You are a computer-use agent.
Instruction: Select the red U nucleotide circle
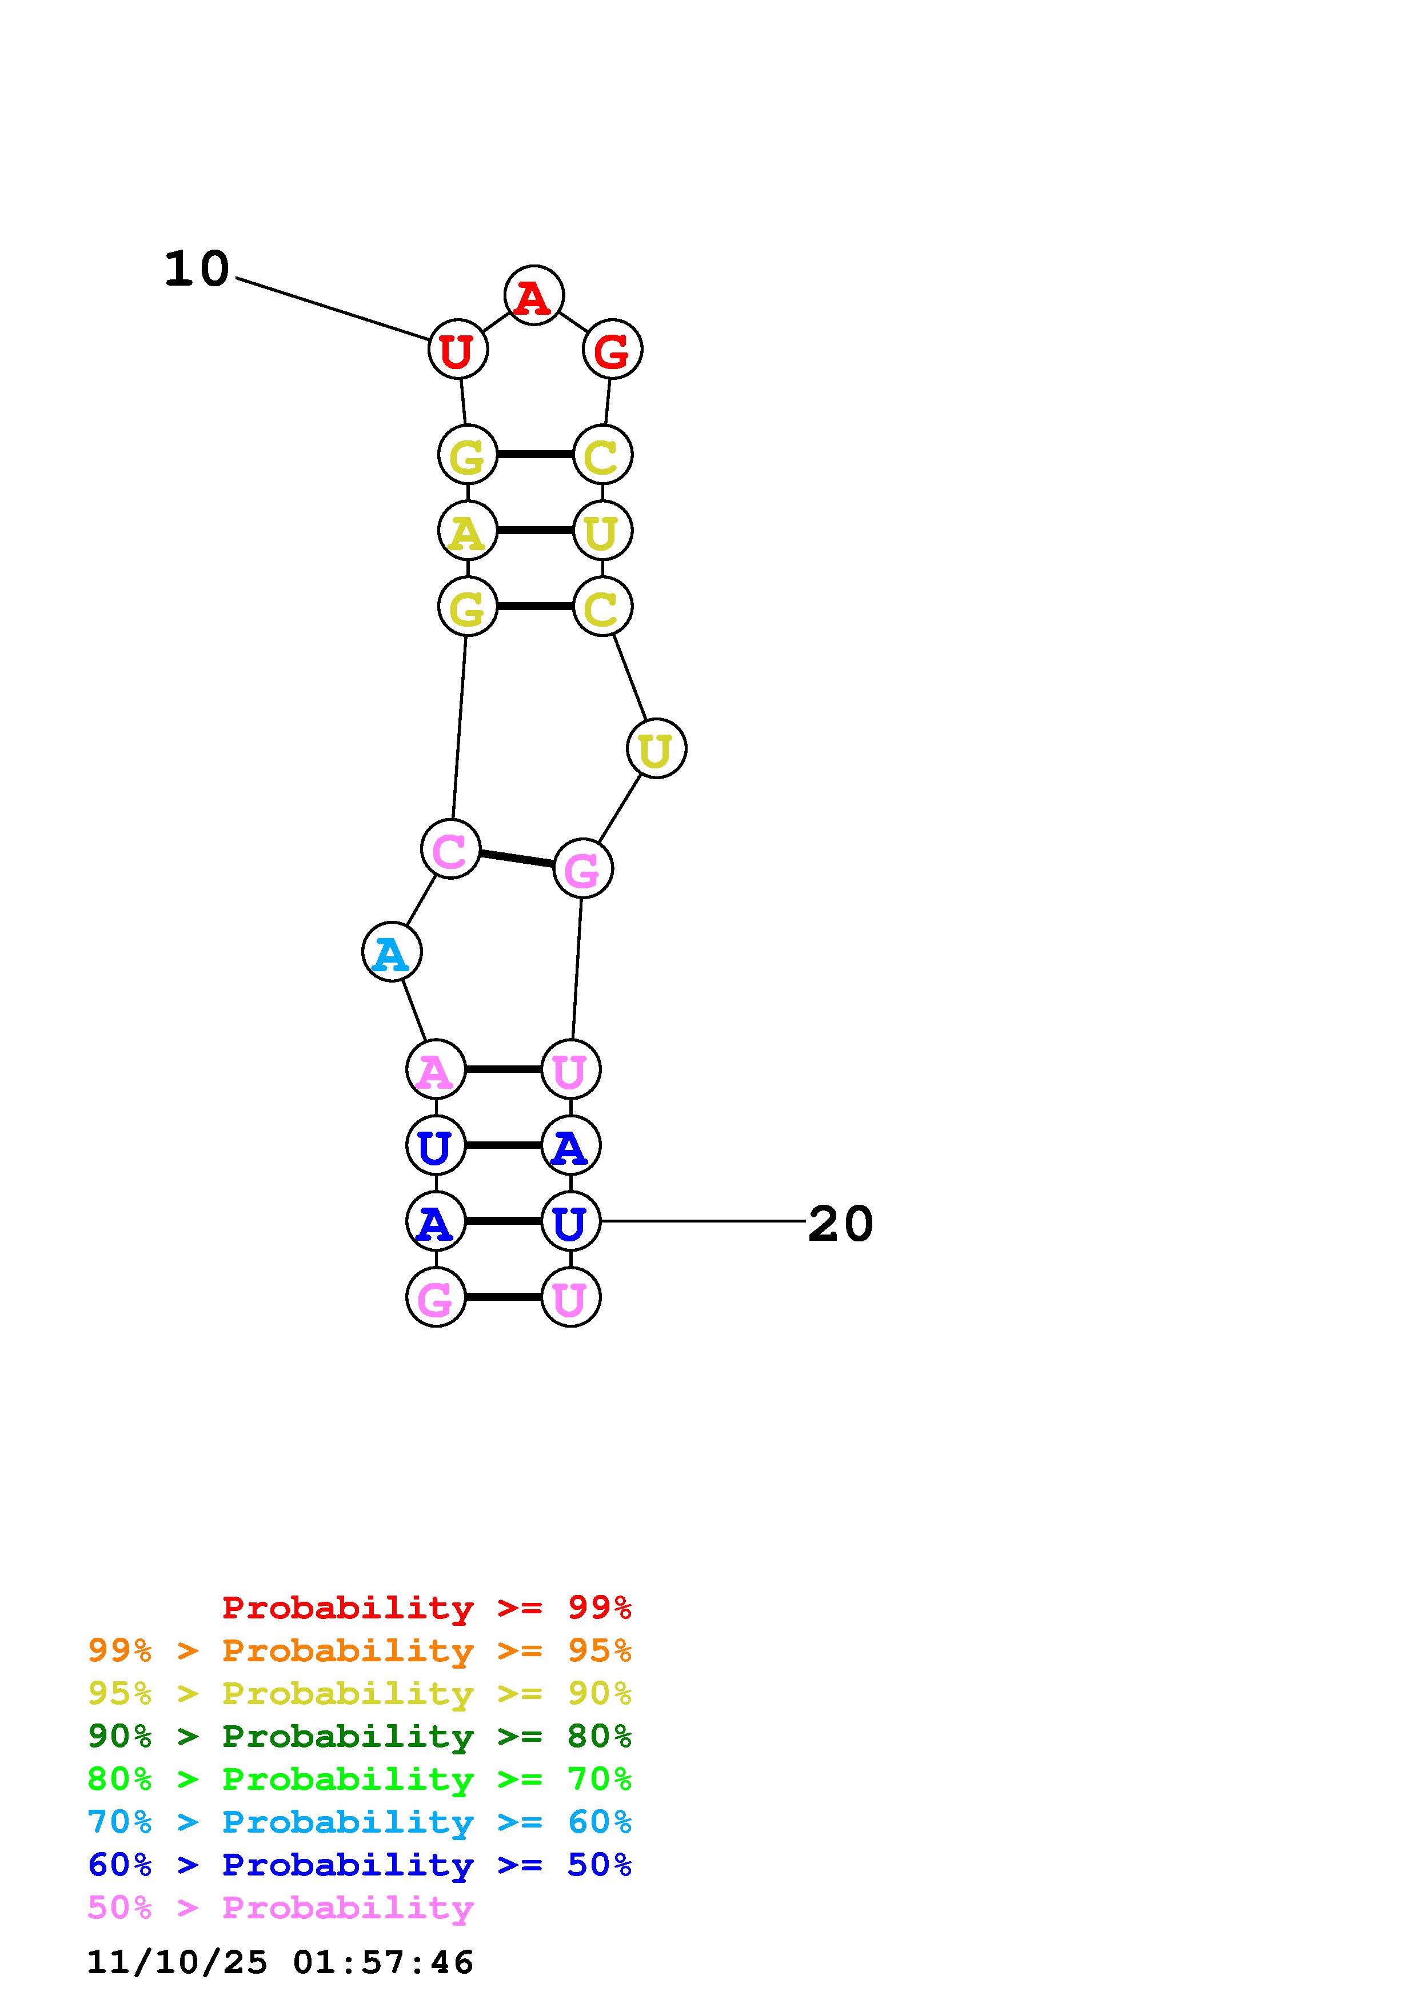(457, 349)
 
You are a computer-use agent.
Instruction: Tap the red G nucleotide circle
(612, 349)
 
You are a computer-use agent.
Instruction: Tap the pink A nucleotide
(436, 1069)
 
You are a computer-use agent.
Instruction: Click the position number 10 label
(197, 269)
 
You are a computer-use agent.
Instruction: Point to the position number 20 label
(840, 1224)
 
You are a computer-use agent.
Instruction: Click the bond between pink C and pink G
(517, 859)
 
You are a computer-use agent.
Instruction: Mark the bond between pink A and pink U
(503, 1069)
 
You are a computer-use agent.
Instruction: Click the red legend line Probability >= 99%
(427, 1608)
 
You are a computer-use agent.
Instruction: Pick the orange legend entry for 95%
(360, 1650)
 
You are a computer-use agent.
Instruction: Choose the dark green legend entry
(360, 1736)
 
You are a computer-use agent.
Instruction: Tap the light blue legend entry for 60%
(360, 1822)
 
